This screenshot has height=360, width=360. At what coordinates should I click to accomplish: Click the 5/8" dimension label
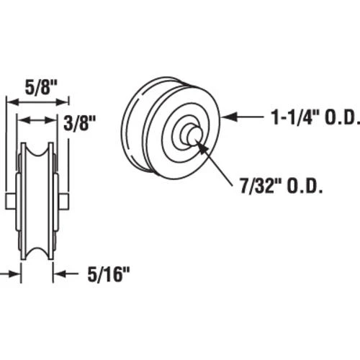37,84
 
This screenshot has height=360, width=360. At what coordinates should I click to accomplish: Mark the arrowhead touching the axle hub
201,145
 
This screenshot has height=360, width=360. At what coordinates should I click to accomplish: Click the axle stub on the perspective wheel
191,134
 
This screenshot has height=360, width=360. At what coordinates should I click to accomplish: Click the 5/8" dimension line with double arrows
37,101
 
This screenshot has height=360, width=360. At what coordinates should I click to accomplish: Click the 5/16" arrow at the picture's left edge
9,274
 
